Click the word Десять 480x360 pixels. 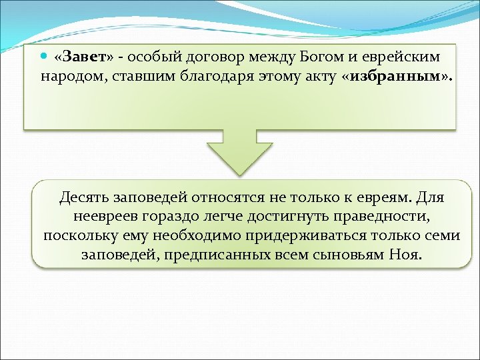coord(83,198)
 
